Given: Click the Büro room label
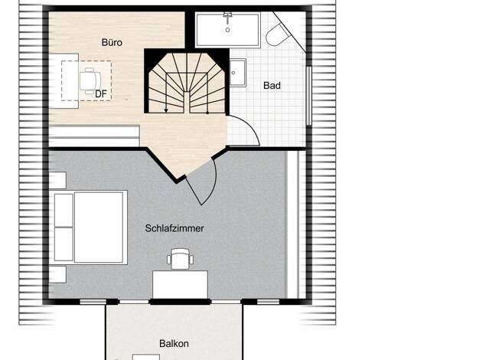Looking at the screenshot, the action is (112, 42).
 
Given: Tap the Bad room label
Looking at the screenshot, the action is (272, 86).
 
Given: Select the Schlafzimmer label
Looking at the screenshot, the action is (174, 228).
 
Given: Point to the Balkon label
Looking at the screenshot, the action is (174, 343).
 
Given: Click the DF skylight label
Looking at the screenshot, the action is (101, 94).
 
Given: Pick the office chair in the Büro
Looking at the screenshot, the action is (90, 80).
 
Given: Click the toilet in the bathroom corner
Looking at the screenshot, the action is (278, 34).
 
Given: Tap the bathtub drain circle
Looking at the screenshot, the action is (227, 30).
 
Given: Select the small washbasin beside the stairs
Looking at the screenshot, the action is (238, 73).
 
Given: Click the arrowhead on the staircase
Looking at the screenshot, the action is (166, 110).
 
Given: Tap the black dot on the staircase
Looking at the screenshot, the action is (207, 113).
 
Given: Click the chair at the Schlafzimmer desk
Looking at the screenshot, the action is (181, 259).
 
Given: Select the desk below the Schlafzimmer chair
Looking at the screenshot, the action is (181, 284).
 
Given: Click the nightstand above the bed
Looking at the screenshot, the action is (57, 180).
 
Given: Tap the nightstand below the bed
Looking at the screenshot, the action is (57, 274).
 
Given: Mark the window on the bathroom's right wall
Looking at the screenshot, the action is (309, 96).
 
